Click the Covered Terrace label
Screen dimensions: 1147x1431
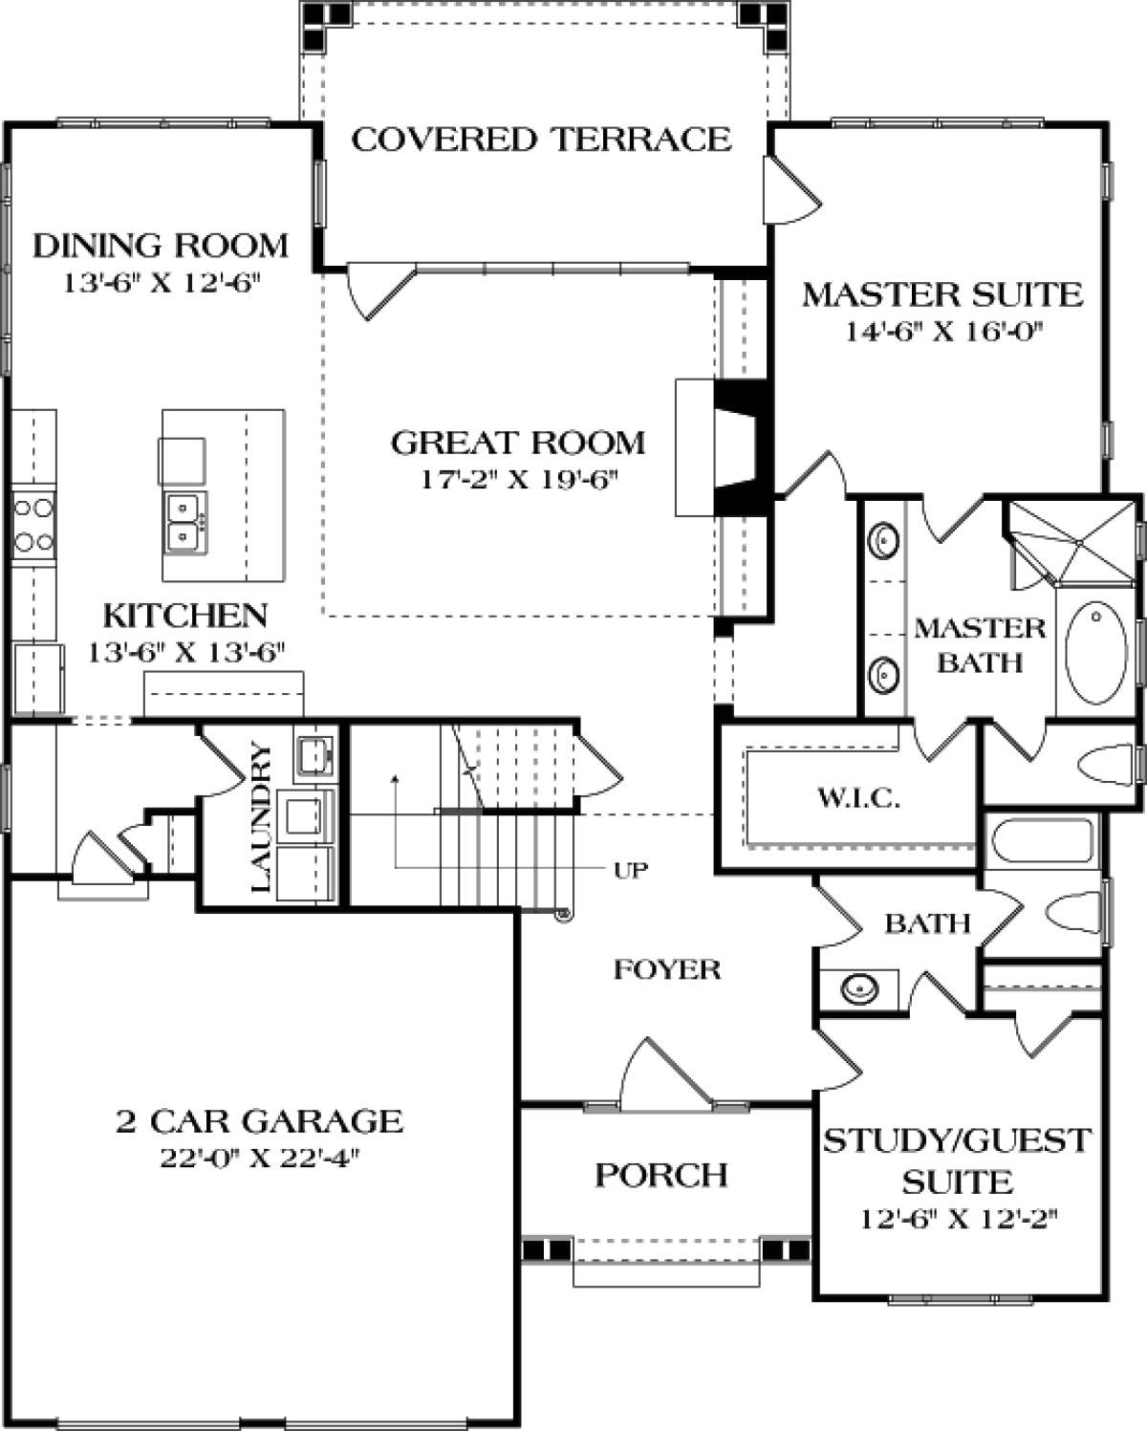(x=541, y=140)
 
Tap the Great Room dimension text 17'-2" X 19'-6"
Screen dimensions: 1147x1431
(x=515, y=480)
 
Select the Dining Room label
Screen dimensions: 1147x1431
(x=161, y=246)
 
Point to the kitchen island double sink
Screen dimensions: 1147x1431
(x=186, y=523)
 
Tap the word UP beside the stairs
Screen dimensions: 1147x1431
(x=631, y=870)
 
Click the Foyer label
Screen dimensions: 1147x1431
(x=667, y=969)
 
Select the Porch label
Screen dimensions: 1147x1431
(x=660, y=1175)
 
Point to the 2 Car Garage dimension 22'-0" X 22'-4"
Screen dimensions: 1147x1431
(x=260, y=1158)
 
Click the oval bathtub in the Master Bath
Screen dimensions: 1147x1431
(x=1096, y=652)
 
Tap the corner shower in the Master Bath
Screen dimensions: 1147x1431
(x=1071, y=542)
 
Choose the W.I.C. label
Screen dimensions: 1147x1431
(x=858, y=797)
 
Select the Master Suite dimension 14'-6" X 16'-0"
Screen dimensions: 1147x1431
(x=942, y=331)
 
